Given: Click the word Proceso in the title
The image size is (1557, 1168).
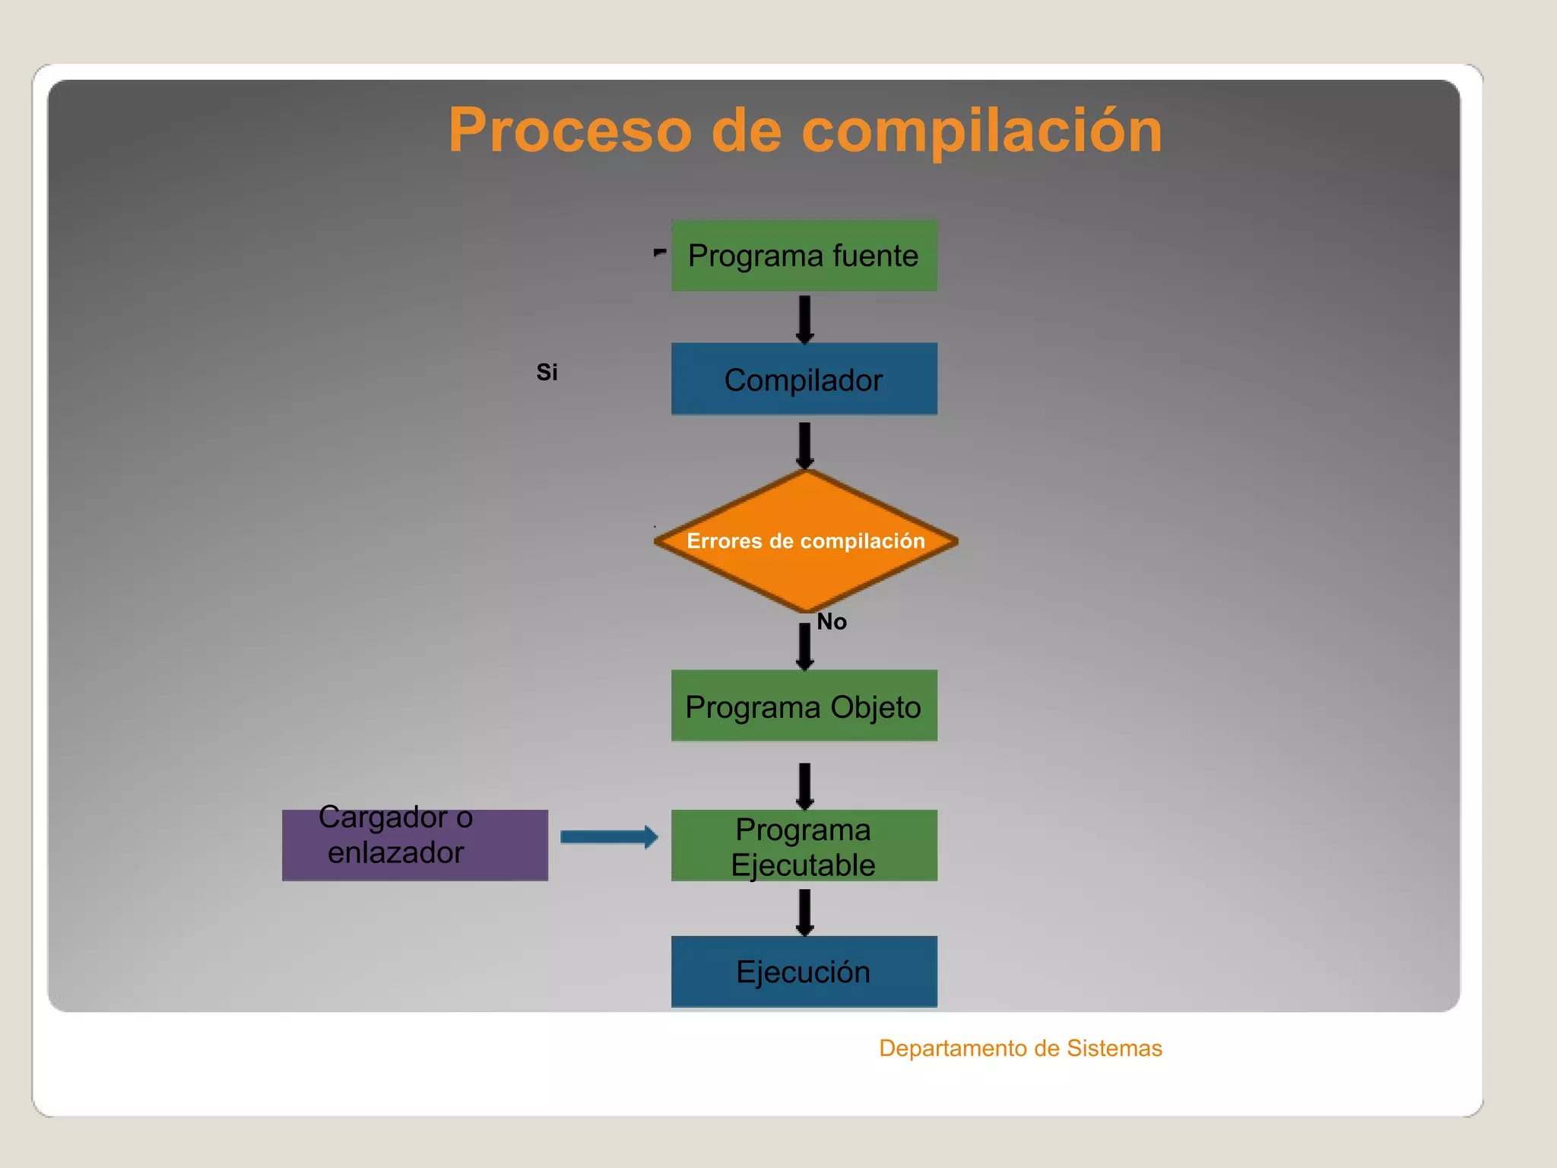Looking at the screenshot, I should click(569, 130).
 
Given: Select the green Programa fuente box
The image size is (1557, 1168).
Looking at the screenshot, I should click(804, 255).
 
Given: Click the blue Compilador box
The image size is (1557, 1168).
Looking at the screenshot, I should click(804, 379).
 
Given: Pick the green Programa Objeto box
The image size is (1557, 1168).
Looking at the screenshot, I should click(804, 706).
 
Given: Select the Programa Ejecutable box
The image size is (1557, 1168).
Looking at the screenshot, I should click(804, 846).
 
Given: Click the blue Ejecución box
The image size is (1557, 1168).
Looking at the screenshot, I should click(804, 972).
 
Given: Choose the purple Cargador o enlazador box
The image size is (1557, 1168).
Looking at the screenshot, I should click(414, 846).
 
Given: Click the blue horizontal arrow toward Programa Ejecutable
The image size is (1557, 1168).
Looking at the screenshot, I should click(608, 837).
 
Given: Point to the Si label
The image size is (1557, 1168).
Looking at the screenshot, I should click(547, 373).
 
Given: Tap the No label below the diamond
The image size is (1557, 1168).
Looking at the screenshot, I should click(832, 622).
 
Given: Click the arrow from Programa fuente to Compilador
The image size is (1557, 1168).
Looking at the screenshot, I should click(804, 319).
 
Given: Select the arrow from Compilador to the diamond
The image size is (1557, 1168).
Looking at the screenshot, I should click(804, 445).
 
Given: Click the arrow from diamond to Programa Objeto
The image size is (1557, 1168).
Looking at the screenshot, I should click(804, 646).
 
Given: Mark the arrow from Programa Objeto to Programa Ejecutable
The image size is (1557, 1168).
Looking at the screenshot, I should click(804, 786).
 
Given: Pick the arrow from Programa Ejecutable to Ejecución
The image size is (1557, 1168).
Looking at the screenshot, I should click(804, 911).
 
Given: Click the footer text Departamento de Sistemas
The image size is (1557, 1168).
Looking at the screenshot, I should click(1020, 1049).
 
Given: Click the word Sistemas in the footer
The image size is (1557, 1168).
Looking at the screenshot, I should click(1114, 1049).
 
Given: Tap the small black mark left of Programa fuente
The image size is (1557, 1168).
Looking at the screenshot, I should click(659, 252).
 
